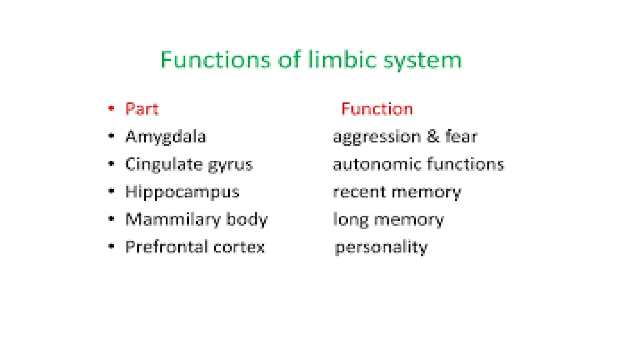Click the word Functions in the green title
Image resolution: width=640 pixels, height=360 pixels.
tap(215, 60)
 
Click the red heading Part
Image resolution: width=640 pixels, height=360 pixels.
tap(142, 109)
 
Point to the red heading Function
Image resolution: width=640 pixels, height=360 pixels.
tap(377, 109)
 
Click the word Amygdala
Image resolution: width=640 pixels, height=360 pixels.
tap(166, 137)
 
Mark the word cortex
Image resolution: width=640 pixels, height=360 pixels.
tap(239, 247)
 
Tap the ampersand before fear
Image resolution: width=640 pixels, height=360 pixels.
tap(433, 137)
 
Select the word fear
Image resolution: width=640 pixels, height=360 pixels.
tap(461, 137)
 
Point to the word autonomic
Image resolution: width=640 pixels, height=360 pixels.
tap(377, 164)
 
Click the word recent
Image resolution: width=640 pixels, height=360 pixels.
tap(359, 192)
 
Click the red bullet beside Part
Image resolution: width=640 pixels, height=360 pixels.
tap(111, 108)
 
